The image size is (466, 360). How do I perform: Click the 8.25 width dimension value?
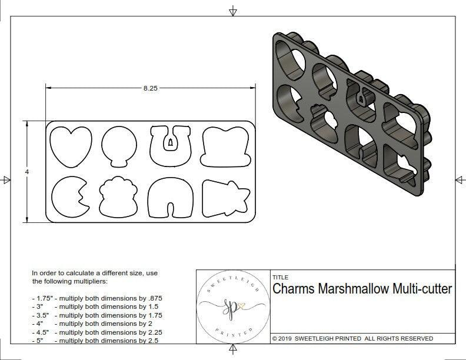point(150,88)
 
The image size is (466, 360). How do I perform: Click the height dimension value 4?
point(27,171)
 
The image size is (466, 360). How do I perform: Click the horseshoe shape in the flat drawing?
point(170,145)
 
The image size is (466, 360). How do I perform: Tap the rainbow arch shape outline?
point(170,198)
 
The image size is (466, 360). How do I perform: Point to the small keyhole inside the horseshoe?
point(170,142)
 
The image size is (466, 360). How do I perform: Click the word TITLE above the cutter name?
point(280,278)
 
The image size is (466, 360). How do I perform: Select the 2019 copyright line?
point(352,338)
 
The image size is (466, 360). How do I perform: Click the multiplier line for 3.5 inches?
point(96,315)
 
